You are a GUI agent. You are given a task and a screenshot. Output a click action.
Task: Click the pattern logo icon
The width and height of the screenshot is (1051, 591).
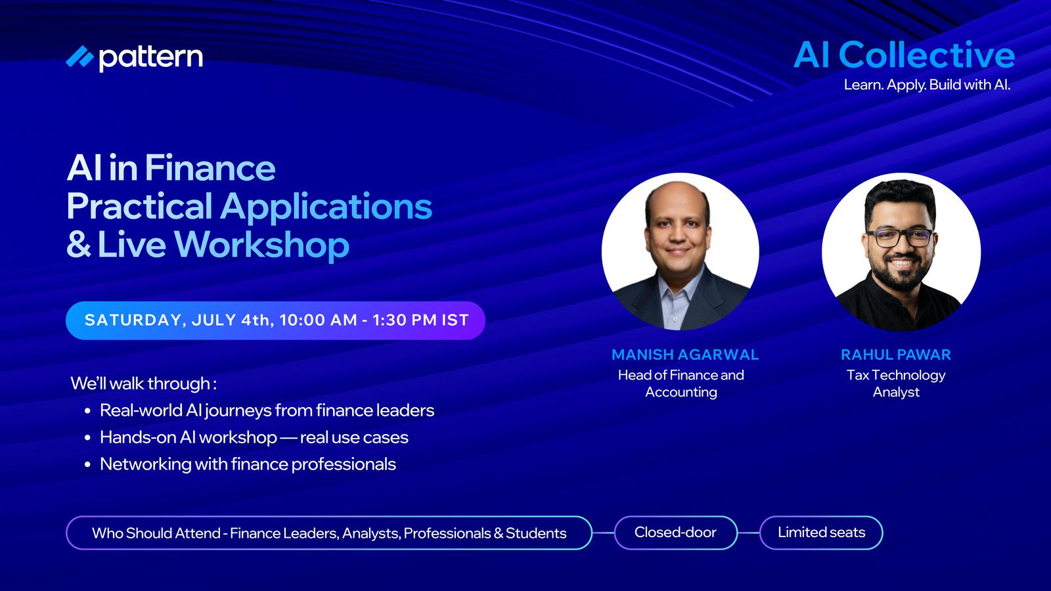coord(79,56)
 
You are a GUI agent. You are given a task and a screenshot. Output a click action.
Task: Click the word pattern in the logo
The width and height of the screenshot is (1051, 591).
coord(150,58)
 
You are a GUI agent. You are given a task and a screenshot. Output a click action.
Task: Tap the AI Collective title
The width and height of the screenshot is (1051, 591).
coord(904,55)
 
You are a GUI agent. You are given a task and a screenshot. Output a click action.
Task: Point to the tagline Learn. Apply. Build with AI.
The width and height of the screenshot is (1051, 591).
coord(927,85)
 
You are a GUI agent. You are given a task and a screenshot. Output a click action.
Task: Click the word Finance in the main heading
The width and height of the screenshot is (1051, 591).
coord(210,167)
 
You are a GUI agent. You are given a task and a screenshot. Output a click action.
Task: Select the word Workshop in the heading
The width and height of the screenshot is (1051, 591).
coord(262,244)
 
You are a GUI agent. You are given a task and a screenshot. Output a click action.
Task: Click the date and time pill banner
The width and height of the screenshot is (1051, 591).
coord(275,320)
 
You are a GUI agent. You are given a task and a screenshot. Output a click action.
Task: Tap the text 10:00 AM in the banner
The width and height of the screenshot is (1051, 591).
coord(318,320)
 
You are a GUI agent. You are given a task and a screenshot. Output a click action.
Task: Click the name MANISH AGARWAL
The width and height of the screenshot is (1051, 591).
coord(685,355)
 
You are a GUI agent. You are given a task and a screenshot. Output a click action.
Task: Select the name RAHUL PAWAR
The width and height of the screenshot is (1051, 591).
coord(896,355)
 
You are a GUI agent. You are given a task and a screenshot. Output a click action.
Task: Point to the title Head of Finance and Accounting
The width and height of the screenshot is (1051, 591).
coord(681,383)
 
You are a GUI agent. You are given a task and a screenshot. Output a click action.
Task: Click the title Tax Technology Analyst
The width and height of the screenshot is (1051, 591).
coord(896,383)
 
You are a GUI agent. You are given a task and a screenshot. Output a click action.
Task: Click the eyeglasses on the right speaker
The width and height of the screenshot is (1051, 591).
coord(899,238)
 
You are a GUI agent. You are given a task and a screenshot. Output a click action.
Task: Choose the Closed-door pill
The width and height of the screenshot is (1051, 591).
coord(676,533)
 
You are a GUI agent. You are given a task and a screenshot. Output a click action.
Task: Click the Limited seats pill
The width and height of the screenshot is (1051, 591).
coord(821,533)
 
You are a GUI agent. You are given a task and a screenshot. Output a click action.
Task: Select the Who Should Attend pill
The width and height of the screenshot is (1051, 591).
coord(329,533)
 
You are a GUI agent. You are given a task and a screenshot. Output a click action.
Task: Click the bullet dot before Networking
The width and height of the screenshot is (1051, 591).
coord(88,465)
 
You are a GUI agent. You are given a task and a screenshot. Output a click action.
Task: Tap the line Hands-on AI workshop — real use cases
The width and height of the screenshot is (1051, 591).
coord(254,437)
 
